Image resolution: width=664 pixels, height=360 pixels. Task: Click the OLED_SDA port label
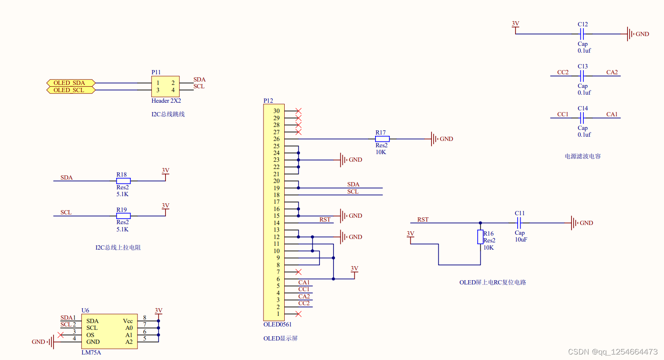pyautogui.click(x=71, y=83)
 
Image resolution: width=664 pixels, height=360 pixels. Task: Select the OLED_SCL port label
pyautogui.click(x=71, y=90)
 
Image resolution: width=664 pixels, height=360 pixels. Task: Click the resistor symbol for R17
pyautogui.click(x=382, y=139)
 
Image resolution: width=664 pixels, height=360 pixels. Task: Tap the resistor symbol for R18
pyautogui.click(x=123, y=181)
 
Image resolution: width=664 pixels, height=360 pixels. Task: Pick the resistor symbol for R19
pyautogui.click(x=123, y=216)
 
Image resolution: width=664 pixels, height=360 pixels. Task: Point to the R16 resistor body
pyautogui.click(x=480, y=237)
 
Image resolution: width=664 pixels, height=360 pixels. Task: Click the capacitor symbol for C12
pyautogui.click(x=582, y=34)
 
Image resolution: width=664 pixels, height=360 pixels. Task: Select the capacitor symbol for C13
pyautogui.click(x=582, y=76)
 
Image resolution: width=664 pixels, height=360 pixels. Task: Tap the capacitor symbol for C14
pyautogui.click(x=582, y=118)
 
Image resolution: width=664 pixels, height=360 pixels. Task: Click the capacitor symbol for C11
pyautogui.click(x=519, y=223)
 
